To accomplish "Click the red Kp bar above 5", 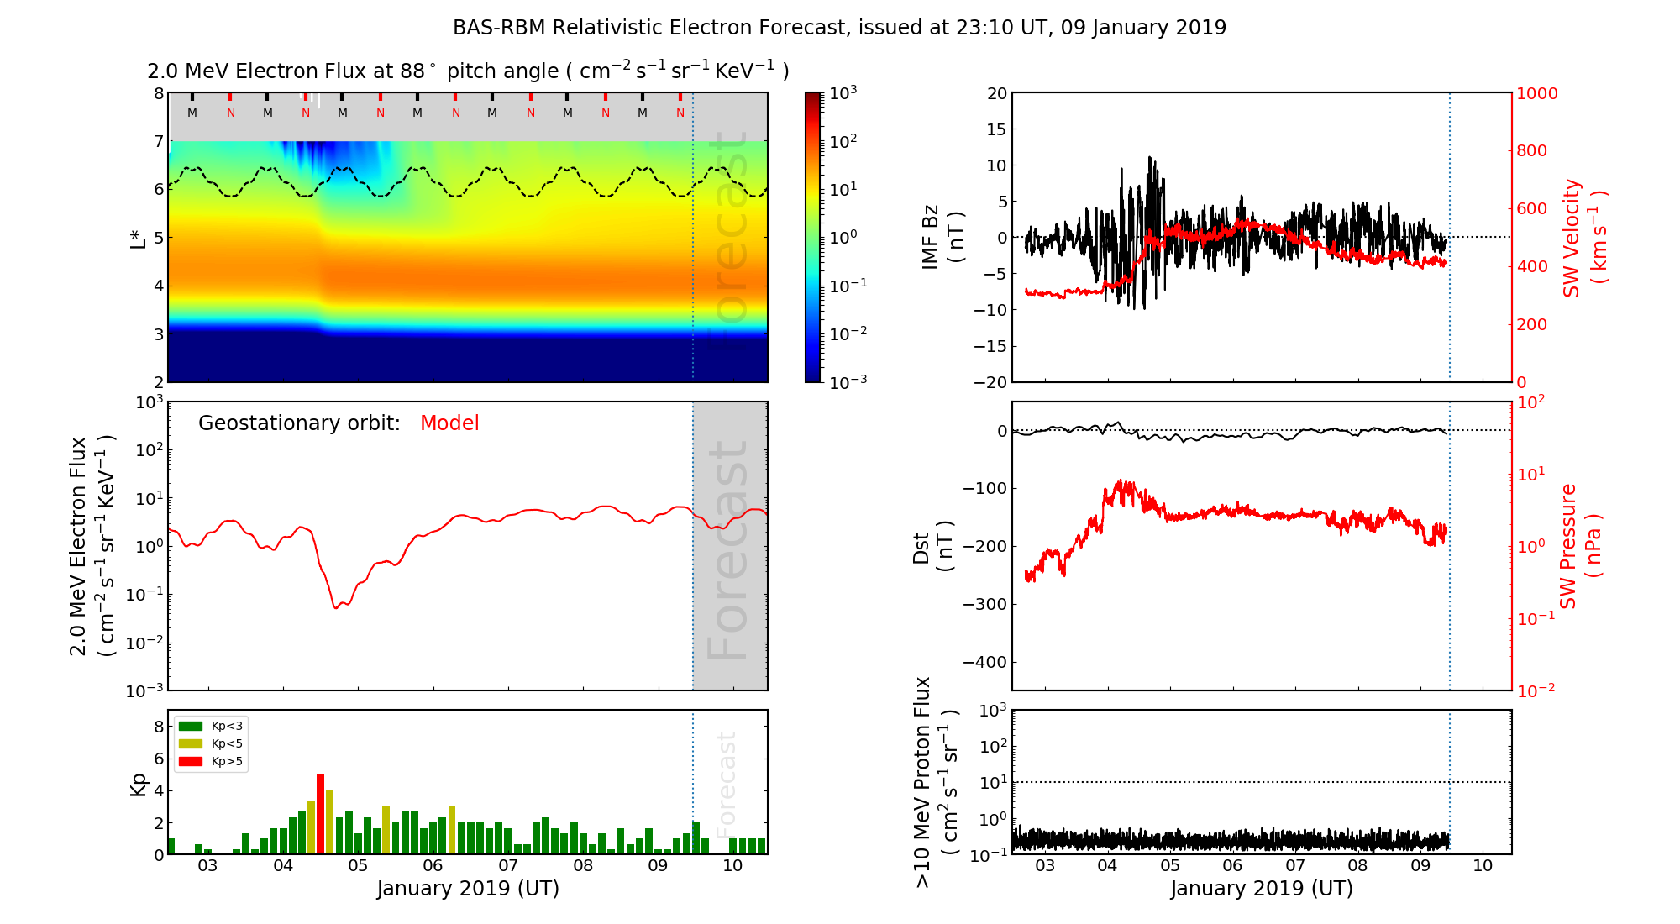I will click(x=320, y=813).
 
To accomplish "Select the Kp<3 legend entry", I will click(x=211, y=726).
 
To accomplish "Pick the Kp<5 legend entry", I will click(x=211, y=743).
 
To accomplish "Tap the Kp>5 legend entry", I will click(x=211, y=762).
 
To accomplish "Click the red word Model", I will click(x=449, y=423).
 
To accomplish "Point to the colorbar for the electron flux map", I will click(x=813, y=237).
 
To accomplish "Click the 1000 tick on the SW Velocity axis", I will click(x=1536, y=94).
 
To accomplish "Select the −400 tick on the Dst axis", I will click(x=984, y=662).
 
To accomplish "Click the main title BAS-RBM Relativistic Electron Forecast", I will click(x=839, y=28).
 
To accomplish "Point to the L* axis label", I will click(x=139, y=238).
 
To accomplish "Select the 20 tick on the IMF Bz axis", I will click(x=996, y=93).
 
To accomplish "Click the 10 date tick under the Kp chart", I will click(x=732, y=866).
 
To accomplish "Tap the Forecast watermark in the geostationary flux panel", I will click(x=727, y=550).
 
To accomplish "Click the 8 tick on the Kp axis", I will click(x=158, y=727).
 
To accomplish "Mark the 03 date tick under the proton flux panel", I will click(x=1045, y=866).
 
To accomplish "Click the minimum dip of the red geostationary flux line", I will click(x=336, y=607).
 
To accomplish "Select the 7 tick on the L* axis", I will click(x=158, y=141).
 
